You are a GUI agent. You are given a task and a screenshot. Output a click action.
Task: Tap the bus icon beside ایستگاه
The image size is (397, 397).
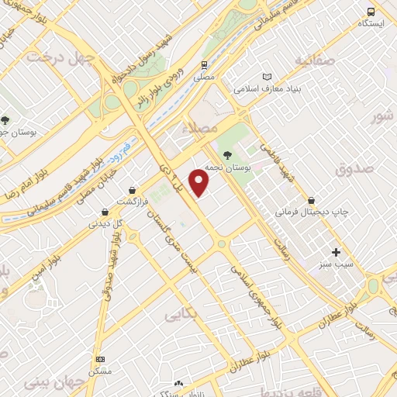[x=371, y=12]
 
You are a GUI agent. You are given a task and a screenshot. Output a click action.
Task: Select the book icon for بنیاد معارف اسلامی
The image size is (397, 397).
[x=268, y=78]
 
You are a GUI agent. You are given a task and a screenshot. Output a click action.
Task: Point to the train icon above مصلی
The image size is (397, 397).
[x=204, y=65]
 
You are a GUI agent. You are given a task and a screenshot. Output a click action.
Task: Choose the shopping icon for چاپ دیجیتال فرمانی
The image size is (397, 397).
[x=312, y=199]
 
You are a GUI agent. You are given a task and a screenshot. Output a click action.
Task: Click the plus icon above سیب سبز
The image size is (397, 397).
[x=336, y=252]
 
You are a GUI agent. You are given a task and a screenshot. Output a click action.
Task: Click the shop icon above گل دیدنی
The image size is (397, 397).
[x=105, y=212]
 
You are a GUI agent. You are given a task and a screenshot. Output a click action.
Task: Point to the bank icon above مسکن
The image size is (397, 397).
[x=100, y=359]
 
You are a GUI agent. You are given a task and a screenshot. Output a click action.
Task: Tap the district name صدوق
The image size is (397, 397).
[x=356, y=167]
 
